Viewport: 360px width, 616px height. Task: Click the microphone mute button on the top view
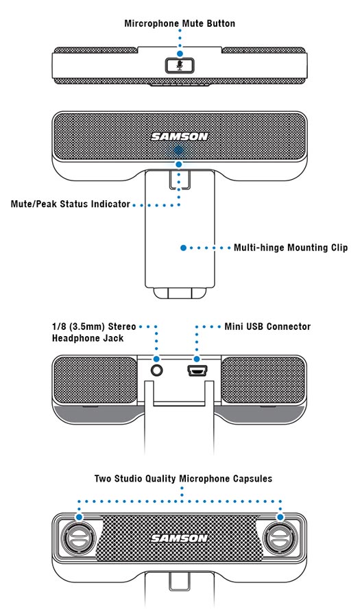180,66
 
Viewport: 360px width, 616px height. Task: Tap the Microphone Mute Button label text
180,23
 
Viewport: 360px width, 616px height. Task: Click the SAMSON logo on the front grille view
180,137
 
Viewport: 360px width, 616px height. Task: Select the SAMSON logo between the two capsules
180,538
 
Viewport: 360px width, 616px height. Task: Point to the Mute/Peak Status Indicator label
70,204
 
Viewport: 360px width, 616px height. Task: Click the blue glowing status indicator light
179,150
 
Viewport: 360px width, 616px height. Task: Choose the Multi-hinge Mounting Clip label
291,248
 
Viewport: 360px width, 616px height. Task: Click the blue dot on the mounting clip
183,248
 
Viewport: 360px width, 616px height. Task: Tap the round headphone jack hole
157,370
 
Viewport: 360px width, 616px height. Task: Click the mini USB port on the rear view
197,370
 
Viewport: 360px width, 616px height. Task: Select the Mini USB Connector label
267,327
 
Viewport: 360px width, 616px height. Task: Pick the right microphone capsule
280,537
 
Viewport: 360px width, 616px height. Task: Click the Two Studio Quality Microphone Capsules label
183,479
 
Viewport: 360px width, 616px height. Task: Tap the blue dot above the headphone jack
157,359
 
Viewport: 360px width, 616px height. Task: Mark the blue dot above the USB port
197,359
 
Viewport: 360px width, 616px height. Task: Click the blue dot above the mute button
180,53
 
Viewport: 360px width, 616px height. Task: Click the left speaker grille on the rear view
95,380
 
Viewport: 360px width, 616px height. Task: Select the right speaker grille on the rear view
263,380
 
